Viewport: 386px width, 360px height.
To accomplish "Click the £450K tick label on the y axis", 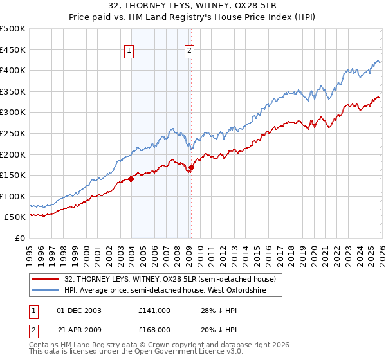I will (x=13, y=50).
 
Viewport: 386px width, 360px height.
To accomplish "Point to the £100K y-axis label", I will (x=13, y=196).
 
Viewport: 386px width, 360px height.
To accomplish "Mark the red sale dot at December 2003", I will (x=131, y=179).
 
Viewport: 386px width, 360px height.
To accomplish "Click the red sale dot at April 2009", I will (x=191, y=168).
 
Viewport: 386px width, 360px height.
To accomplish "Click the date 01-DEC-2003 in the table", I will (x=79, y=310).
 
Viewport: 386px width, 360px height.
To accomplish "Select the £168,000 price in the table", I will (x=154, y=330).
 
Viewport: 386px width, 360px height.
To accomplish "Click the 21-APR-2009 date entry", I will (x=79, y=330).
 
